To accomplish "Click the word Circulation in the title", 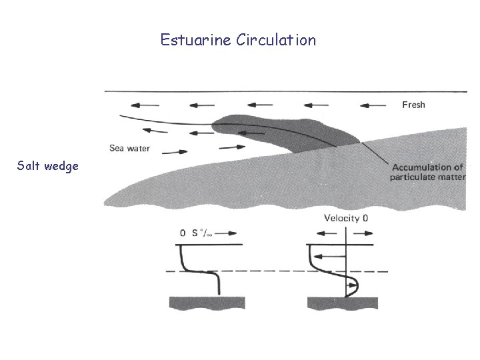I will [276, 40].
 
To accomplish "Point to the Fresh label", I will [413, 105].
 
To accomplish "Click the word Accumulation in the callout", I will [417, 167].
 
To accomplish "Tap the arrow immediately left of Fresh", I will [373, 105].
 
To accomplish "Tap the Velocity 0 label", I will [346, 219].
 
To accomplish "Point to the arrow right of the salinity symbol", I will [226, 233].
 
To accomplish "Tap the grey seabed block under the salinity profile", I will [207, 303].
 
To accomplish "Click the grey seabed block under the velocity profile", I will [342, 303].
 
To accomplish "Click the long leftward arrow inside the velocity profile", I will [329, 256].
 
